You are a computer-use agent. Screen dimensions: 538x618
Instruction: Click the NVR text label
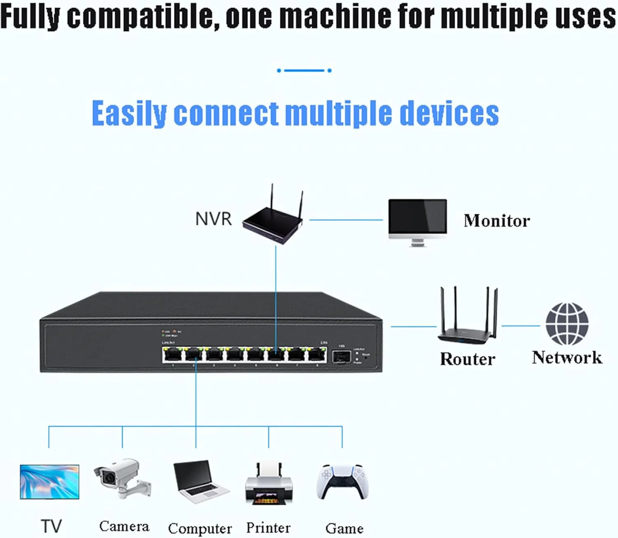pos(213,219)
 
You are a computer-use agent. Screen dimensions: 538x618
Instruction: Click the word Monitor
pos(496,221)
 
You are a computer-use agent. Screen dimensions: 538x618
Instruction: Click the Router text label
pos(467,359)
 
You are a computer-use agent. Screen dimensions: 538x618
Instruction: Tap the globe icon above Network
pos(567,324)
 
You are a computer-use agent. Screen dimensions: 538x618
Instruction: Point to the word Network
pos(567,357)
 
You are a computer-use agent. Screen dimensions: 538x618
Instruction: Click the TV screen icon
pos(49,482)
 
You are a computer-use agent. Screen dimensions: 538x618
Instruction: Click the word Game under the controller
pos(344,528)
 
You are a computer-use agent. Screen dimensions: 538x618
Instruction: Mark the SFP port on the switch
pos(341,356)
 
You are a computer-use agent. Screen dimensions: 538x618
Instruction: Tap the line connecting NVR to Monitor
pos(346,220)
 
